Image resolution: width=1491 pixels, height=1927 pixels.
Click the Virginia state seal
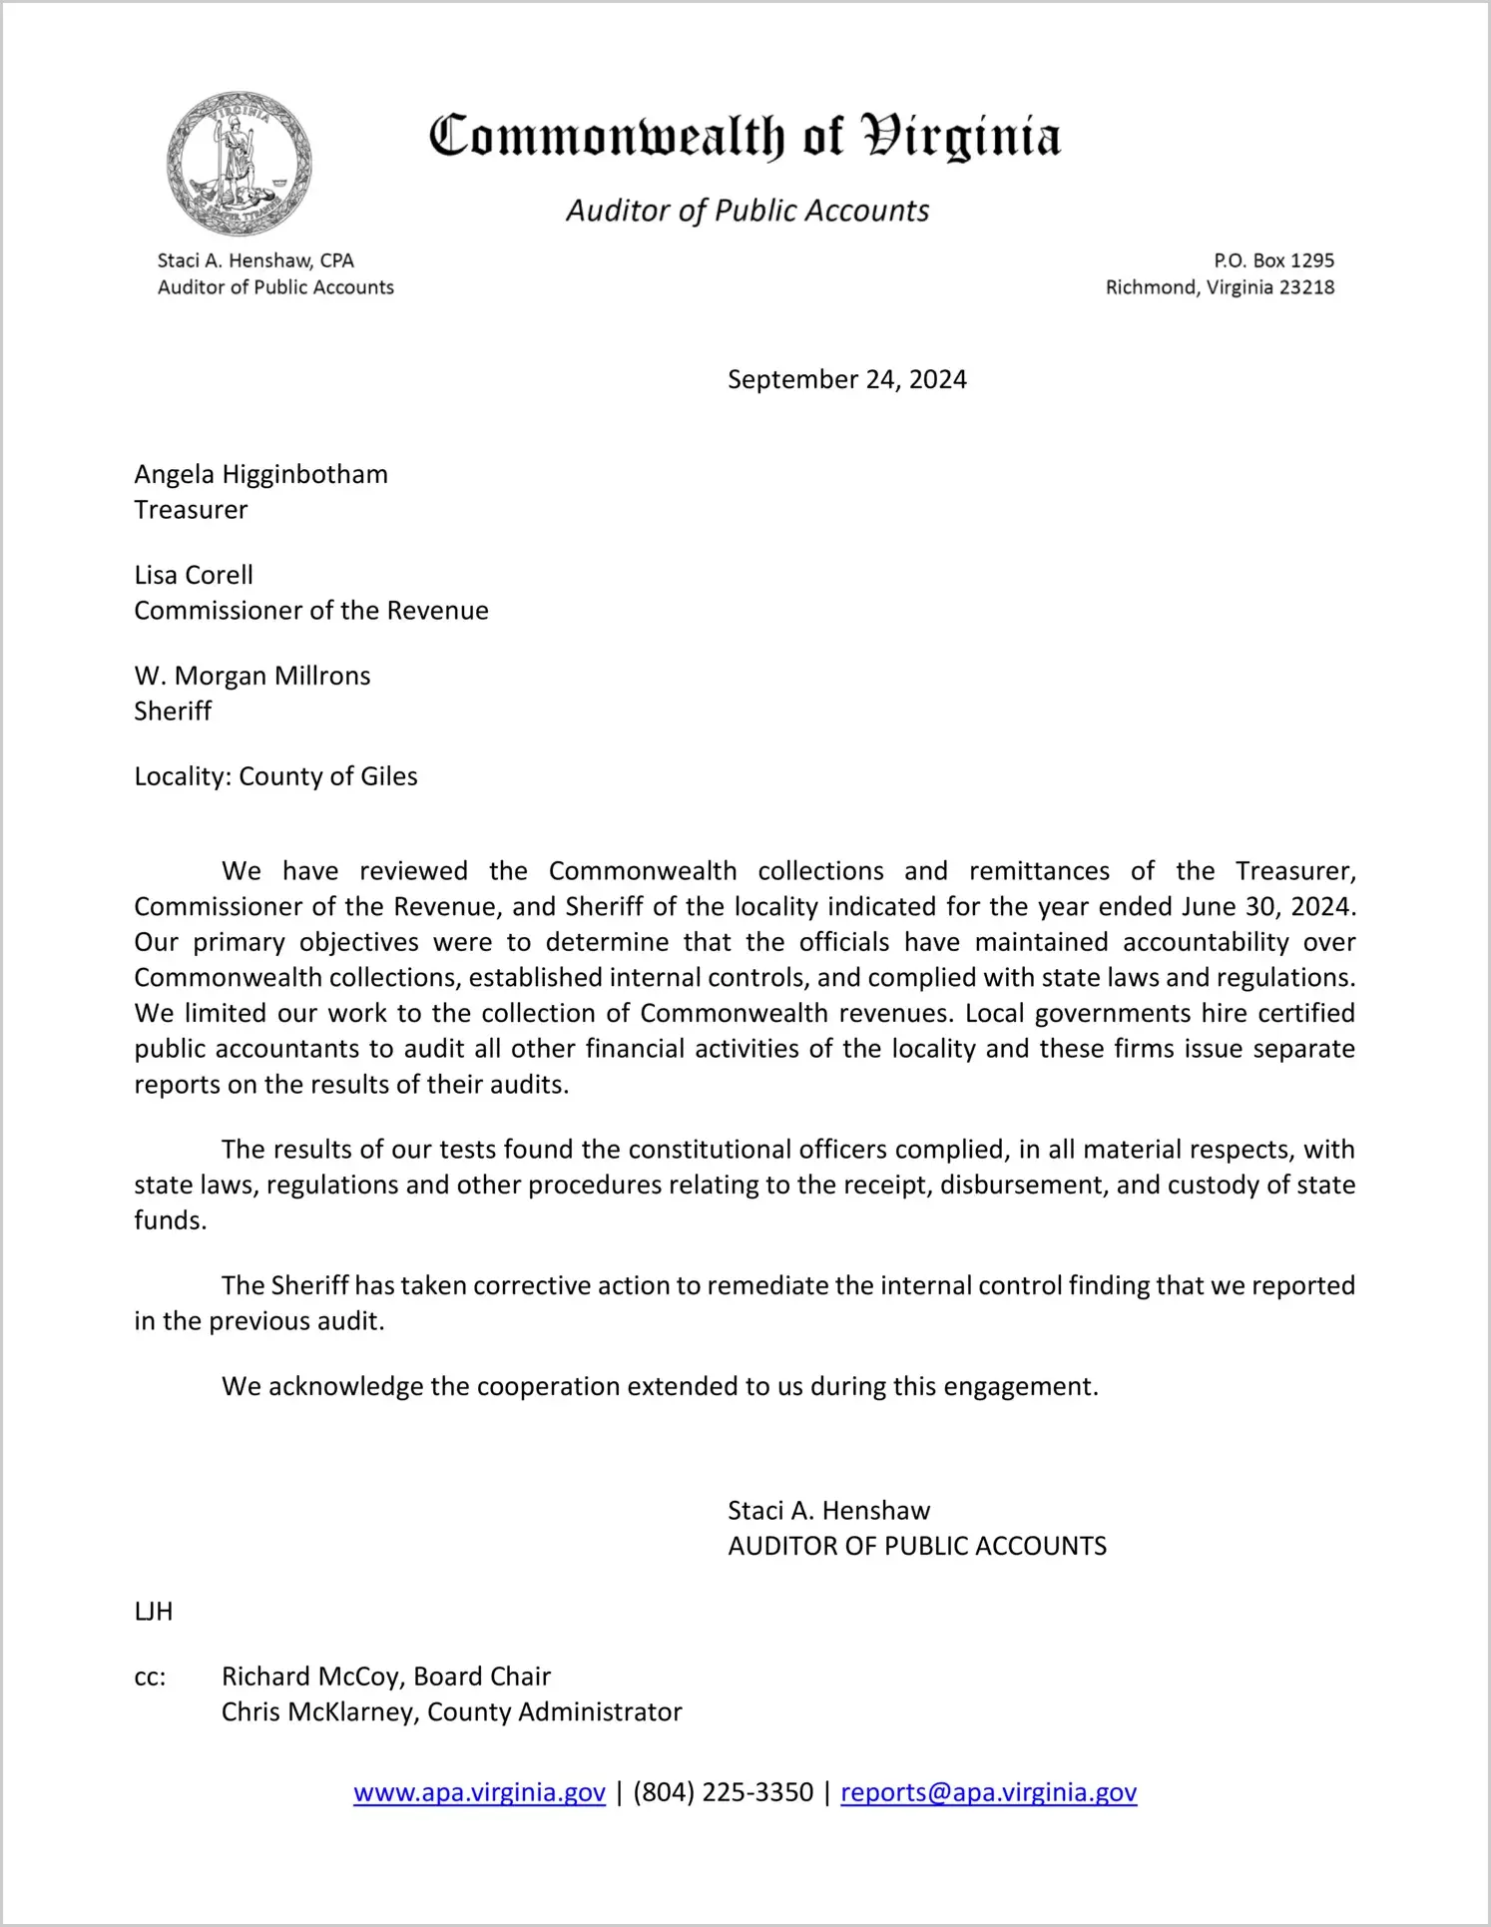(239, 164)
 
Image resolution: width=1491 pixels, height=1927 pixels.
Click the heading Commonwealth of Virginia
(745, 138)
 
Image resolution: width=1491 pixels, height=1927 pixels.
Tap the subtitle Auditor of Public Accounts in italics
(747, 211)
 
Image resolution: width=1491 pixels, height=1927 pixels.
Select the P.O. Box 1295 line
(1273, 260)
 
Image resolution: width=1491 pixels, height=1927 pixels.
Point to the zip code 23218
(1306, 287)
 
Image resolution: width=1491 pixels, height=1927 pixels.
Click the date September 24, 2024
(846, 379)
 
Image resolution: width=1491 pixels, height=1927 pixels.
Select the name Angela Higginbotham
(260, 474)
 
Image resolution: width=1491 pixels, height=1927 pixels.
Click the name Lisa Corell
(194, 575)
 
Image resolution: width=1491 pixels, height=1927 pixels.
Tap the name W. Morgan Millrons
(252, 676)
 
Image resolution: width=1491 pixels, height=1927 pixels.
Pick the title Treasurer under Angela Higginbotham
(191, 510)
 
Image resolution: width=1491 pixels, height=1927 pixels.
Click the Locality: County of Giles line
(275, 776)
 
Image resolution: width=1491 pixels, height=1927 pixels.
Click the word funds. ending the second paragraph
(170, 1220)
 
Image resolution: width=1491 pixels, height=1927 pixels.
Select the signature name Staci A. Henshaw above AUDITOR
(828, 1510)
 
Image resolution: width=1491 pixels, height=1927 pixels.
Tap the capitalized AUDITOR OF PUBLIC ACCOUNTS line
(917, 1546)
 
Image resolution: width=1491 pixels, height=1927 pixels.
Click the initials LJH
(154, 1611)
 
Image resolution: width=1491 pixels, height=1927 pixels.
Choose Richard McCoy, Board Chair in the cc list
(386, 1677)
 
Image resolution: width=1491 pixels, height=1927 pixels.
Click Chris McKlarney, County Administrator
(451, 1711)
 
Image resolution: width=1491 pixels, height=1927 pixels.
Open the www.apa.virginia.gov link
(479, 1792)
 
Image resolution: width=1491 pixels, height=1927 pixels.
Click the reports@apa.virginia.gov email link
(988, 1792)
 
